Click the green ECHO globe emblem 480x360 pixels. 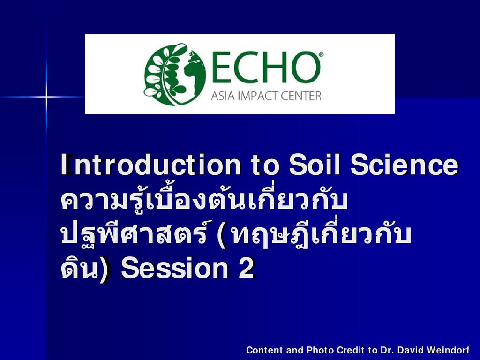175,75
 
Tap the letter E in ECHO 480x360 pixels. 221,67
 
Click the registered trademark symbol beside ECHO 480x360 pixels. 321,54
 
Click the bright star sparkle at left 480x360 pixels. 46,97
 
